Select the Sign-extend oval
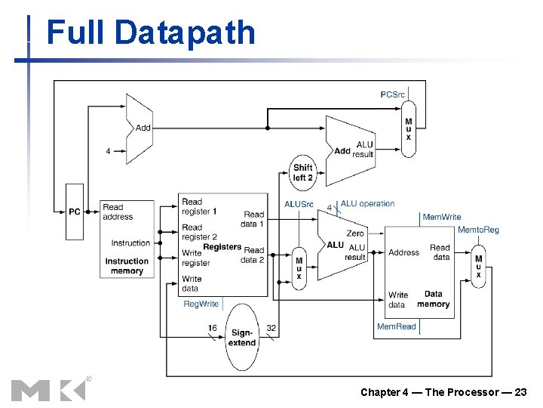pyautogui.click(x=242, y=337)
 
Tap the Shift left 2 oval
pyautogui.click(x=302, y=173)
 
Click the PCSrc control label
pyautogui.click(x=392, y=94)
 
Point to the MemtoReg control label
pyautogui.click(x=478, y=230)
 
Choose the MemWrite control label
pyautogui.click(x=441, y=217)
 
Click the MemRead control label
pyautogui.click(x=396, y=326)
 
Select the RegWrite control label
pyautogui.click(x=201, y=304)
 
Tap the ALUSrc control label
pyautogui.click(x=299, y=204)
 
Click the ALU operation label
pyautogui.click(x=367, y=203)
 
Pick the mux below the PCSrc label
pyautogui.click(x=408, y=128)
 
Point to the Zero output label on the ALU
pyautogui.click(x=354, y=233)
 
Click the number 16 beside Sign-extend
pyautogui.click(x=213, y=328)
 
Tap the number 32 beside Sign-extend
pyautogui.click(x=271, y=328)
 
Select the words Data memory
pyautogui.click(x=433, y=299)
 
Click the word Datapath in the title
pyautogui.click(x=185, y=33)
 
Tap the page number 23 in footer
pyautogui.click(x=519, y=391)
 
